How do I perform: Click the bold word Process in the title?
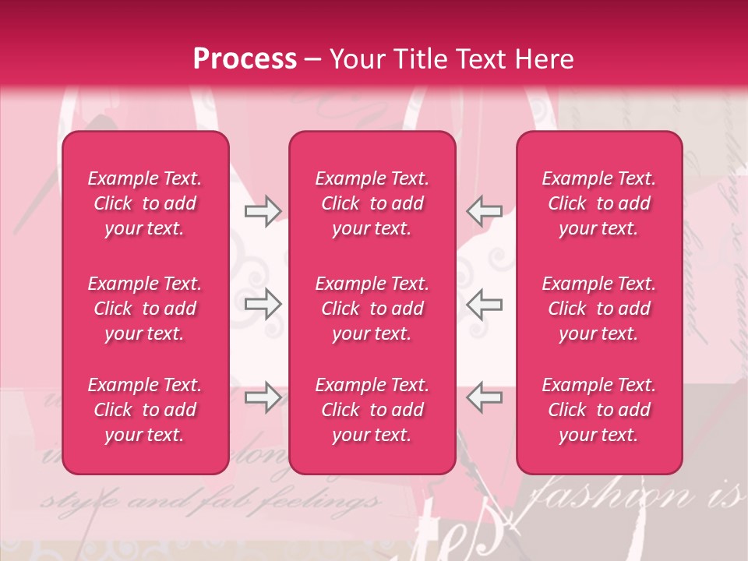[245, 59]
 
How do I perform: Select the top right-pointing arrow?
[263, 210]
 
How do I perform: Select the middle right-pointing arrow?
[263, 305]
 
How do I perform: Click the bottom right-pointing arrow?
[263, 397]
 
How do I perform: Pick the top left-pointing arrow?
[484, 210]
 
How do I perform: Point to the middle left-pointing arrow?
[484, 305]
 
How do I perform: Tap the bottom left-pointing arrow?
[484, 397]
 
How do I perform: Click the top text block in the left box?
[145, 203]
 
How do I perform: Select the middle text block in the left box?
[145, 309]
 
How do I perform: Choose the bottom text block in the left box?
[145, 410]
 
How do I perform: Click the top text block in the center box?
[372, 203]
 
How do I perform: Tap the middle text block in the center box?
[372, 309]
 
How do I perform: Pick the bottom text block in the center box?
[372, 410]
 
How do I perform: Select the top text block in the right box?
[598, 203]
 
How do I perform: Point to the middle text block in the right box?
[598, 309]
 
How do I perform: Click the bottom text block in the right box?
[598, 410]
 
